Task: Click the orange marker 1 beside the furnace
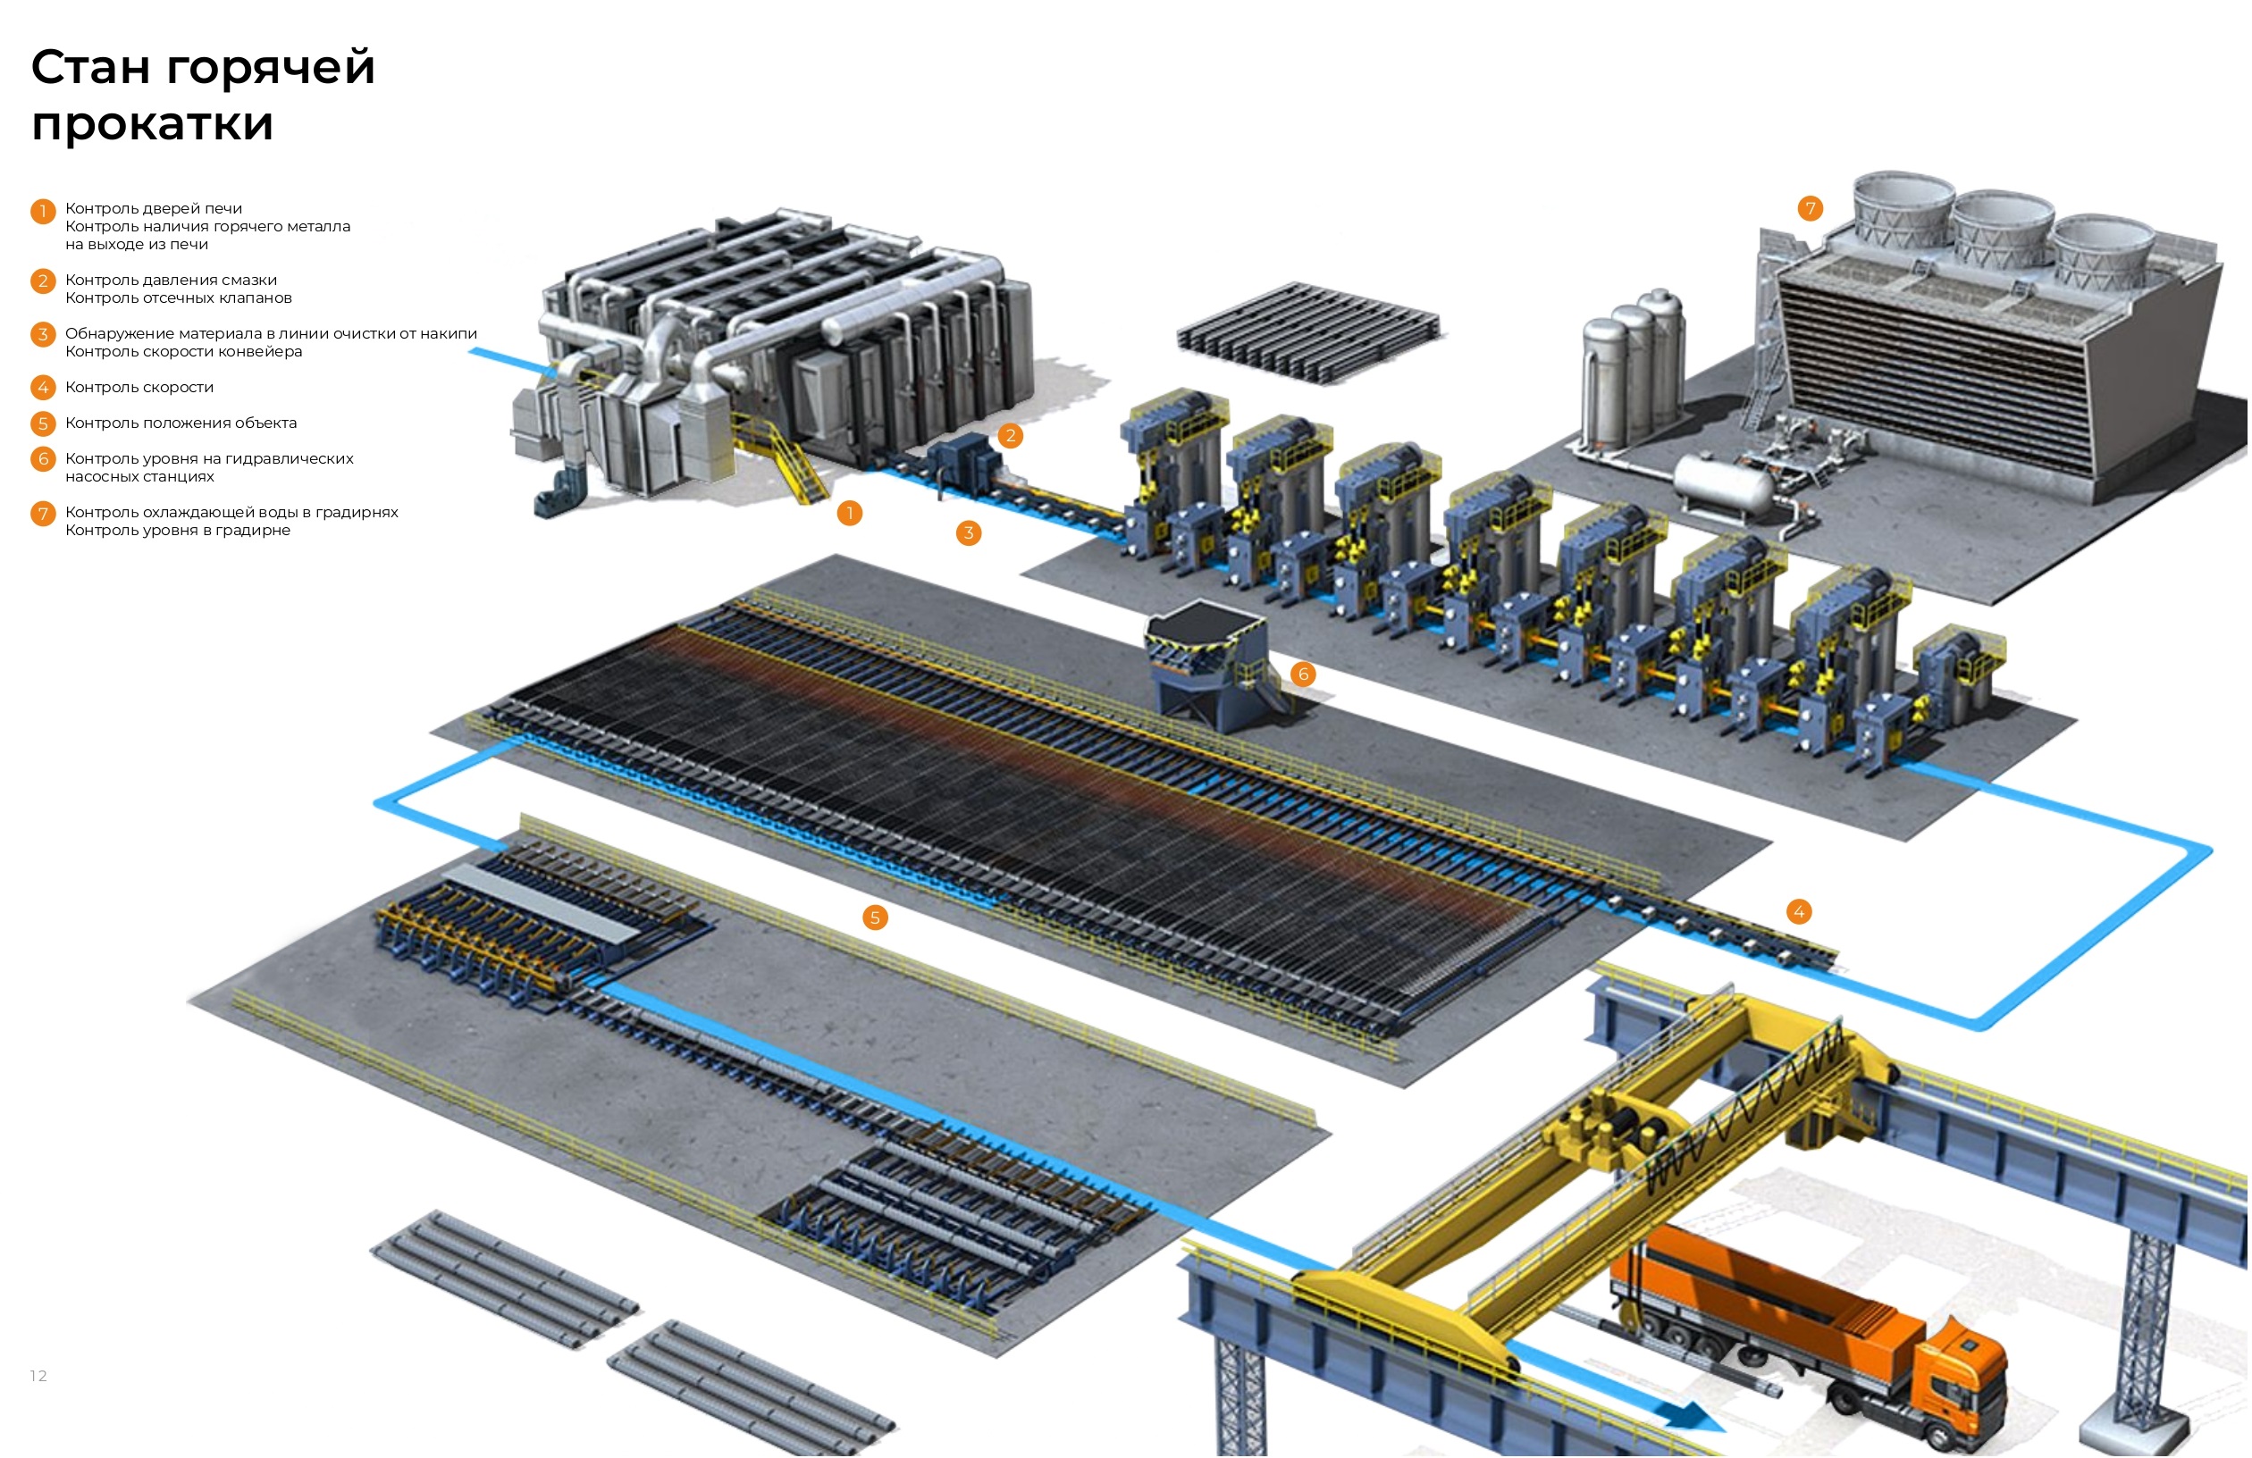(x=850, y=513)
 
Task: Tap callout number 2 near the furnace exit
(x=1011, y=435)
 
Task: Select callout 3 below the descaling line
(x=968, y=532)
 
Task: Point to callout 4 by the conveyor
(x=1799, y=911)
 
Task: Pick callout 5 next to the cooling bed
(x=875, y=917)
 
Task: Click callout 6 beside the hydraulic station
(x=1303, y=674)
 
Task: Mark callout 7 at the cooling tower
(x=1811, y=208)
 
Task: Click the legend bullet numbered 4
(x=43, y=387)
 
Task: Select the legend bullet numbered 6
(x=43, y=459)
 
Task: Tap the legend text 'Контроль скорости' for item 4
(x=139, y=387)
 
